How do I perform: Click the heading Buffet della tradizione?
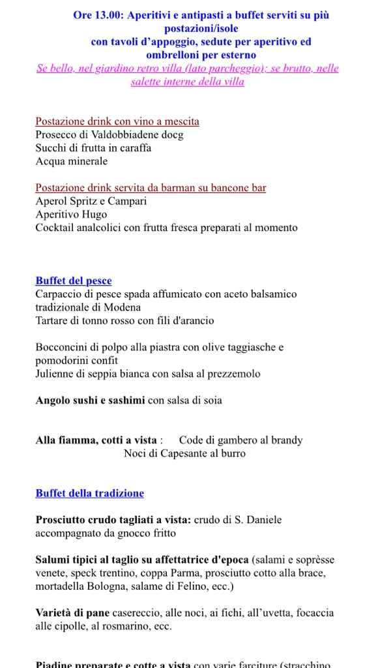pyautogui.click(x=89, y=493)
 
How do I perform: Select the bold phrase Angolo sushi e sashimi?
pyautogui.click(x=90, y=400)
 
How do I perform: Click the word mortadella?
pyautogui.click(x=60, y=586)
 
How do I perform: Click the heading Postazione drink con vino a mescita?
pyautogui.click(x=117, y=121)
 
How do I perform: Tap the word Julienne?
pyautogui.click(x=56, y=374)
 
